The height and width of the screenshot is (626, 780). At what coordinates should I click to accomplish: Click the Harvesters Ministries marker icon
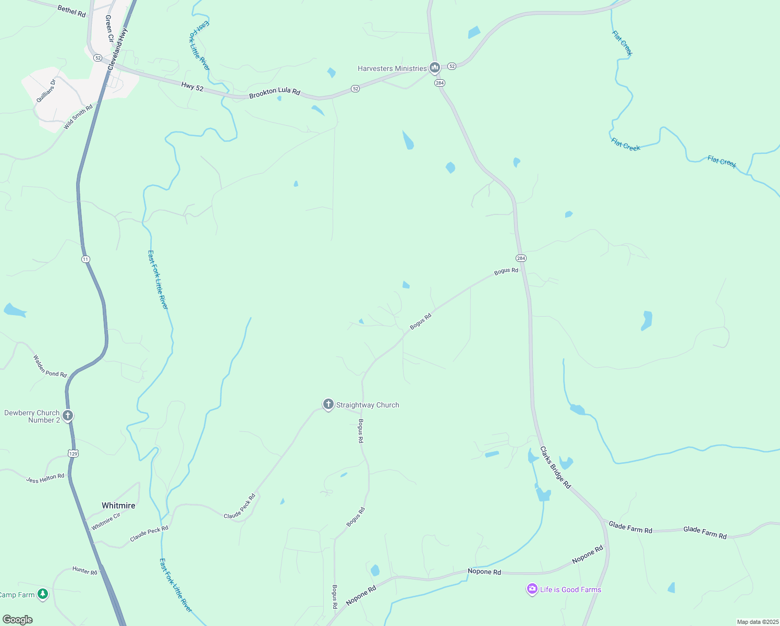point(434,68)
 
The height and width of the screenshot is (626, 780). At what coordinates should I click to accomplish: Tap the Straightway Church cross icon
point(328,404)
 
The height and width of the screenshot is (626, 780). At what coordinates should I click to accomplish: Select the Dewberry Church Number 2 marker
point(67,416)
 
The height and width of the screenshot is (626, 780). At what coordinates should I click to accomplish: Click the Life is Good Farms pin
point(532,589)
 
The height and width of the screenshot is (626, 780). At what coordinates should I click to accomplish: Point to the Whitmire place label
point(118,505)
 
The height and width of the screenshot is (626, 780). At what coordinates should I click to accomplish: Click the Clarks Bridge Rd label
point(555,467)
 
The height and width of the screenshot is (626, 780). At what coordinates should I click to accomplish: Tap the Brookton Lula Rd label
point(275,92)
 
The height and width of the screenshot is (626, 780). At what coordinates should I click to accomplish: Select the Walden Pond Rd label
point(50,366)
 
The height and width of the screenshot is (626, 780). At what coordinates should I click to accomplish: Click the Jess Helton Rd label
point(45,478)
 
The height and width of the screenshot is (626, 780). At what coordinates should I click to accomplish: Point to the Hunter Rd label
point(85,571)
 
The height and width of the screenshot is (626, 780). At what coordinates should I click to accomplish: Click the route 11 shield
point(86,259)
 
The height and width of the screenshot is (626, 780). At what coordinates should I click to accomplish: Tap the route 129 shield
point(74,454)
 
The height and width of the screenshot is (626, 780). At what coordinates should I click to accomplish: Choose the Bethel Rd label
point(72,11)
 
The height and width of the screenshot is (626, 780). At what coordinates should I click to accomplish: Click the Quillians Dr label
point(45,91)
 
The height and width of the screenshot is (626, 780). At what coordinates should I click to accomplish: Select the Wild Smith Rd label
point(78,117)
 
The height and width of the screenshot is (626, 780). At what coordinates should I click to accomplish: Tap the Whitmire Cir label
point(106,521)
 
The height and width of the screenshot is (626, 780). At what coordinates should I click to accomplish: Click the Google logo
point(17,620)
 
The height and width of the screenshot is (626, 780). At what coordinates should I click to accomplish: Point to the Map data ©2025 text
point(757,622)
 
